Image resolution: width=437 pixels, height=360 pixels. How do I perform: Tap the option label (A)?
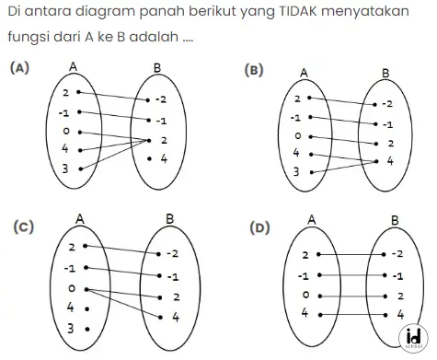point(18,67)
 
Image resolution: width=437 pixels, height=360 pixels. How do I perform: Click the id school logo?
point(411,337)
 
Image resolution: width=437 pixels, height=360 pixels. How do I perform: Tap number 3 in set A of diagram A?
point(65,168)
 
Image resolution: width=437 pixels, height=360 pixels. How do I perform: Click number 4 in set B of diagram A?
point(164,159)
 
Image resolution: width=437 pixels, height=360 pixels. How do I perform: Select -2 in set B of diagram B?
point(388,105)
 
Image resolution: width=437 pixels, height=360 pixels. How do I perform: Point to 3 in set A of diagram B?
point(296,172)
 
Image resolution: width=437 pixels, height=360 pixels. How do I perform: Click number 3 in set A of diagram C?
point(71,328)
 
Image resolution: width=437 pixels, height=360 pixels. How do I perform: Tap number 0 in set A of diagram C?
point(71,289)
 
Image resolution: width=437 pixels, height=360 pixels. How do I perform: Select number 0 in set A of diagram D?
point(305,295)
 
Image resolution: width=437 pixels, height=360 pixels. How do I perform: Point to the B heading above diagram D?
point(395,220)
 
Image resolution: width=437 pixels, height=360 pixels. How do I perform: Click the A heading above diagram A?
point(73,66)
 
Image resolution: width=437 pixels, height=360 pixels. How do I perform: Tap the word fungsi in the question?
point(27,42)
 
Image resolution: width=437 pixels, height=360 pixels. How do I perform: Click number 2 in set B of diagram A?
point(164,140)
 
